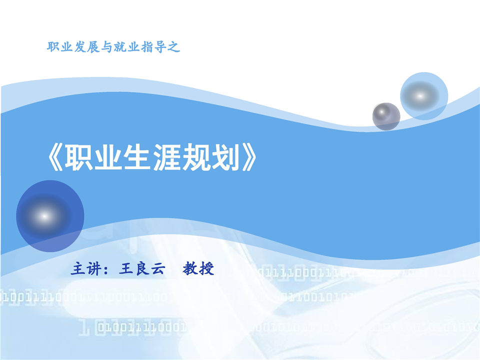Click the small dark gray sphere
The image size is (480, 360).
(x=386, y=116)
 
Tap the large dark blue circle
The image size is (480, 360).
(x=50, y=216)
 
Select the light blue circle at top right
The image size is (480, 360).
(x=424, y=96)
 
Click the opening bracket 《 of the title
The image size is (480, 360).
(x=55, y=157)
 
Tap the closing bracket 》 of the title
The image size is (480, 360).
(x=249, y=157)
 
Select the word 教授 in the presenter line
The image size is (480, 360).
(x=198, y=269)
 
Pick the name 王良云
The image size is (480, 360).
(x=142, y=269)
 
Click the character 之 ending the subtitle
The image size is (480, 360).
(x=173, y=47)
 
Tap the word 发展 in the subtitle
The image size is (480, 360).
(x=86, y=47)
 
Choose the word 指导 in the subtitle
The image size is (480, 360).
(x=153, y=47)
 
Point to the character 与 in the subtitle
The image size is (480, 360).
(x=106, y=47)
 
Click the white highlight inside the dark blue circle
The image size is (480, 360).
(x=44, y=216)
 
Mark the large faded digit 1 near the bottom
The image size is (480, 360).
(x=84, y=327)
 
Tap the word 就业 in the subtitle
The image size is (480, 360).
(x=126, y=47)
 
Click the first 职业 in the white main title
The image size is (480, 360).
(x=93, y=157)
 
